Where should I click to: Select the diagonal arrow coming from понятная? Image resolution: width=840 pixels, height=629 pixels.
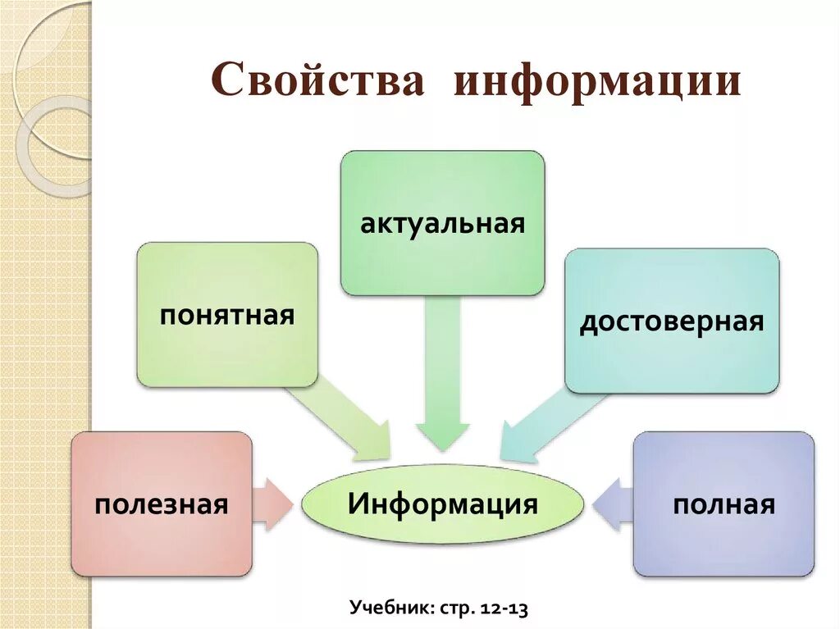pyautogui.click(x=345, y=421)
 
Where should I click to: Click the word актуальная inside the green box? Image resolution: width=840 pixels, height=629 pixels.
pyautogui.click(x=442, y=223)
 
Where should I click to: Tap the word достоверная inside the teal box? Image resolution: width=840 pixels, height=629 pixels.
pyautogui.click(x=672, y=321)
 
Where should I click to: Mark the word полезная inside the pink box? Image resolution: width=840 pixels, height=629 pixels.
pyautogui.click(x=162, y=504)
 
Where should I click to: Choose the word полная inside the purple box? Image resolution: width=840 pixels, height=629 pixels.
pyautogui.click(x=724, y=504)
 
